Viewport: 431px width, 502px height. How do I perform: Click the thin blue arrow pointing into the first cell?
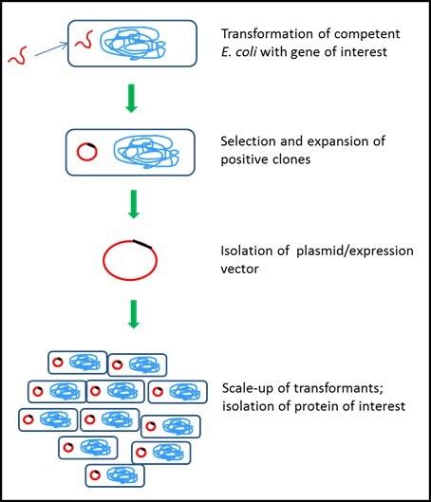tap(53, 52)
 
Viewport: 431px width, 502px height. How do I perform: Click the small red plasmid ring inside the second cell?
tap(83, 151)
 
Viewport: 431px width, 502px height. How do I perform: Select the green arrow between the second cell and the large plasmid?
tap(132, 203)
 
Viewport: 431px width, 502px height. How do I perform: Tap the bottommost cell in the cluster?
tap(113, 474)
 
